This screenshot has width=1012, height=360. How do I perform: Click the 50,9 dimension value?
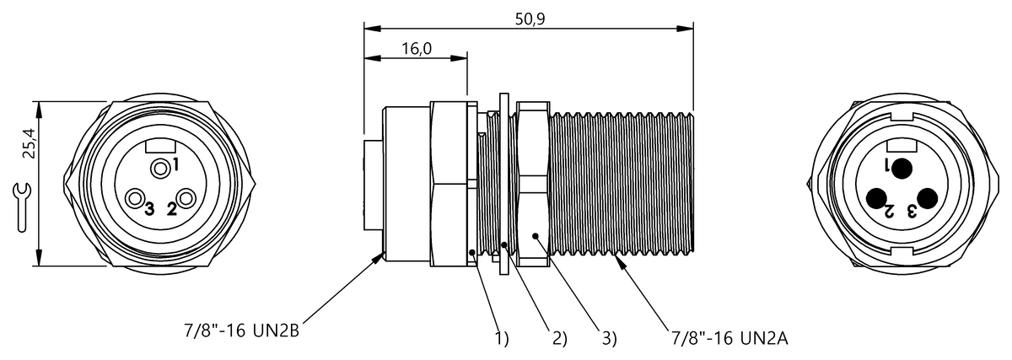(x=530, y=19)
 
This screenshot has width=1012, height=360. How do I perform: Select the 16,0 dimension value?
(x=417, y=48)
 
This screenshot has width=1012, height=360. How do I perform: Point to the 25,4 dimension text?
(x=30, y=143)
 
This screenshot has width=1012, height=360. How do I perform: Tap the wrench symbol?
(x=21, y=207)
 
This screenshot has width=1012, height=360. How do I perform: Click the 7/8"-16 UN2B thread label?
(x=241, y=330)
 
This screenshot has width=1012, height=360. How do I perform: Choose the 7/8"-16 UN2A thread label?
(x=729, y=338)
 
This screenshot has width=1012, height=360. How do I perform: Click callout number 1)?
(x=502, y=338)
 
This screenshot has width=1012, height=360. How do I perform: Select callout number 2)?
(x=559, y=338)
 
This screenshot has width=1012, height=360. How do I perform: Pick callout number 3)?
(x=609, y=338)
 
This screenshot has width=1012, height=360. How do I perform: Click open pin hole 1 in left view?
(x=159, y=169)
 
